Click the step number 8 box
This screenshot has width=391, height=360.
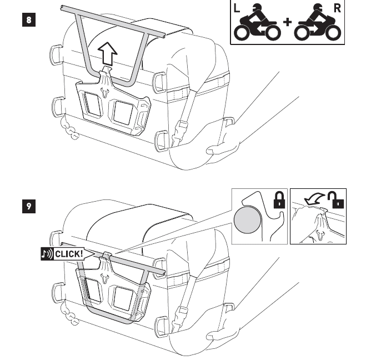pyautogui.click(x=29, y=19)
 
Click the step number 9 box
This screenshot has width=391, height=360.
pyautogui.click(x=29, y=206)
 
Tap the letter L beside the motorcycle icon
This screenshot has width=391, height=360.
pyautogui.click(x=237, y=9)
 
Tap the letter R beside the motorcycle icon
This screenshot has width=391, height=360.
pyautogui.click(x=337, y=8)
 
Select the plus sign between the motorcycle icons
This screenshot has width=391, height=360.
pyautogui.click(x=288, y=22)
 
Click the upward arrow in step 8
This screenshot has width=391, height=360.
pyautogui.click(x=108, y=54)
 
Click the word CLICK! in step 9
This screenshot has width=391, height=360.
pyautogui.click(x=69, y=254)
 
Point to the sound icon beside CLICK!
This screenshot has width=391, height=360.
pyautogui.click(x=47, y=254)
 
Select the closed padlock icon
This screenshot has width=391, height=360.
pyautogui.click(x=279, y=199)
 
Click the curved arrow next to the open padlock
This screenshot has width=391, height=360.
pyautogui.click(x=314, y=199)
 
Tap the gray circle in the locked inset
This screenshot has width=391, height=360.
pyautogui.click(x=247, y=221)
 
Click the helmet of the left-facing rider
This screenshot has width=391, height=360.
pyautogui.click(x=258, y=8)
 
